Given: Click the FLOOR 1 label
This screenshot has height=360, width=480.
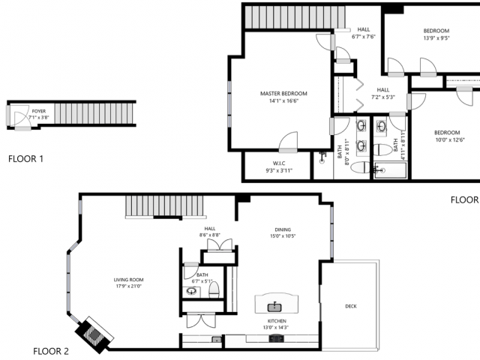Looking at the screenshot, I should pyautogui.click(x=26, y=159).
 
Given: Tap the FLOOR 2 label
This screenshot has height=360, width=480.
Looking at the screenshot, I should pyautogui.click(x=51, y=351).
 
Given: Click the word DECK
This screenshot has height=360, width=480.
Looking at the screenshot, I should pyautogui.click(x=351, y=306).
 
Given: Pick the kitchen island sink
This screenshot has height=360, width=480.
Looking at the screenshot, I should pyautogui.click(x=275, y=306).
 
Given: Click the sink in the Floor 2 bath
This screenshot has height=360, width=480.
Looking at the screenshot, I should pyautogui.click(x=190, y=289).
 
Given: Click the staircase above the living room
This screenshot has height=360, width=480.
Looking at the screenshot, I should pyautogui.click(x=164, y=205).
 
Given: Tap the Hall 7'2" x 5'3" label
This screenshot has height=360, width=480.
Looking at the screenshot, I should pyautogui.click(x=383, y=93).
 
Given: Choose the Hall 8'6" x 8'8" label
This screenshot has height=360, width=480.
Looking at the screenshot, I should pyautogui.click(x=210, y=232).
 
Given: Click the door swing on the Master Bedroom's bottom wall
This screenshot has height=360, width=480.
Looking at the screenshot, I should pyautogui.click(x=287, y=140).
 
